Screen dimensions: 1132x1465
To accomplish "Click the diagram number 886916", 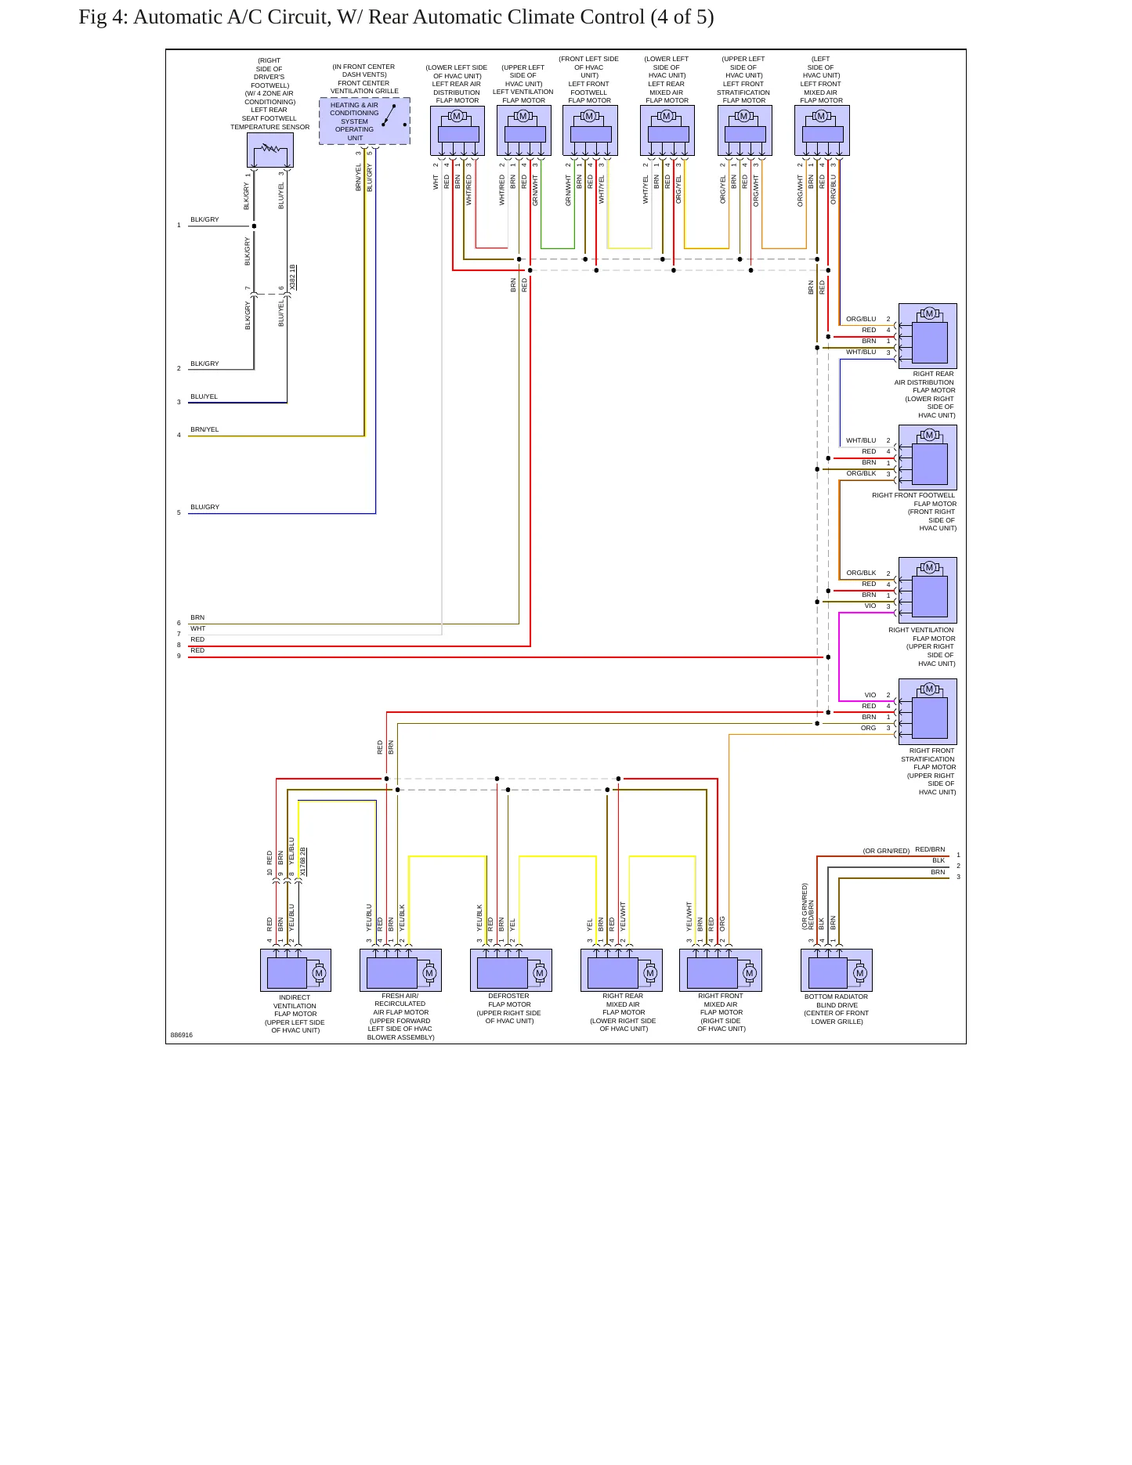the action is pyautogui.click(x=181, y=1035).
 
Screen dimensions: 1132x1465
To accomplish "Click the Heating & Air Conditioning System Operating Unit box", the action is pyautogui.click(x=364, y=121).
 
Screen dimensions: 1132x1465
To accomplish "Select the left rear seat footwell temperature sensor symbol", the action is pyautogui.click(x=270, y=150).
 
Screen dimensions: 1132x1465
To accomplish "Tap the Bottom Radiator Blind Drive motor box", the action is pyautogui.click(x=836, y=970).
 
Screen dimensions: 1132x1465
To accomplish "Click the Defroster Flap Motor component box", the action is pyautogui.click(x=511, y=970).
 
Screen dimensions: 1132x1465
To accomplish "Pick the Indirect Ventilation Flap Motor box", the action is pyautogui.click(x=295, y=970).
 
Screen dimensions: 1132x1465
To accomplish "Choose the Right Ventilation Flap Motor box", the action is pyautogui.click(x=928, y=590).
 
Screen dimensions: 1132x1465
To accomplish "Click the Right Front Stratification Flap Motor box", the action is pyautogui.click(x=928, y=711).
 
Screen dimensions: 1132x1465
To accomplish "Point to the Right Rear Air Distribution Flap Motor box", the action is pyautogui.click(x=928, y=336).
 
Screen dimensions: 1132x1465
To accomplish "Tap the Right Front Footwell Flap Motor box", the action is pyautogui.click(x=928, y=458).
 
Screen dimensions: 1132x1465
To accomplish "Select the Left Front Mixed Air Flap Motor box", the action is pyautogui.click(x=822, y=131).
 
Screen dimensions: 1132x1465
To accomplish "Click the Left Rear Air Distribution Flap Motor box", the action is pyautogui.click(x=458, y=131).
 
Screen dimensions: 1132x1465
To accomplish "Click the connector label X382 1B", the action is pyautogui.click(x=292, y=277).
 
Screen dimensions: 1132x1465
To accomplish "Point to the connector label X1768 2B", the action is pyautogui.click(x=303, y=862).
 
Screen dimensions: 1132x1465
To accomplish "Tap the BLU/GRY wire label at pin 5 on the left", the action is pyautogui.click(x=205, y=507).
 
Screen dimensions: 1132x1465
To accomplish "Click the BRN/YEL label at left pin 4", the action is pyautogui.click(x=204, y=429).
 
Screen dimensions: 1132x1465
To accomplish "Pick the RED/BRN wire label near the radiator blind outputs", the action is pyautogui.click(x=930, y=849).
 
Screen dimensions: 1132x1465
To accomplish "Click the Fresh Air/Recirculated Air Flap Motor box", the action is pyautogui.click(x=400, y=970).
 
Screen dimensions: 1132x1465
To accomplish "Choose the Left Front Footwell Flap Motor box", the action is pyautogui.click(x=590, y=131).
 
